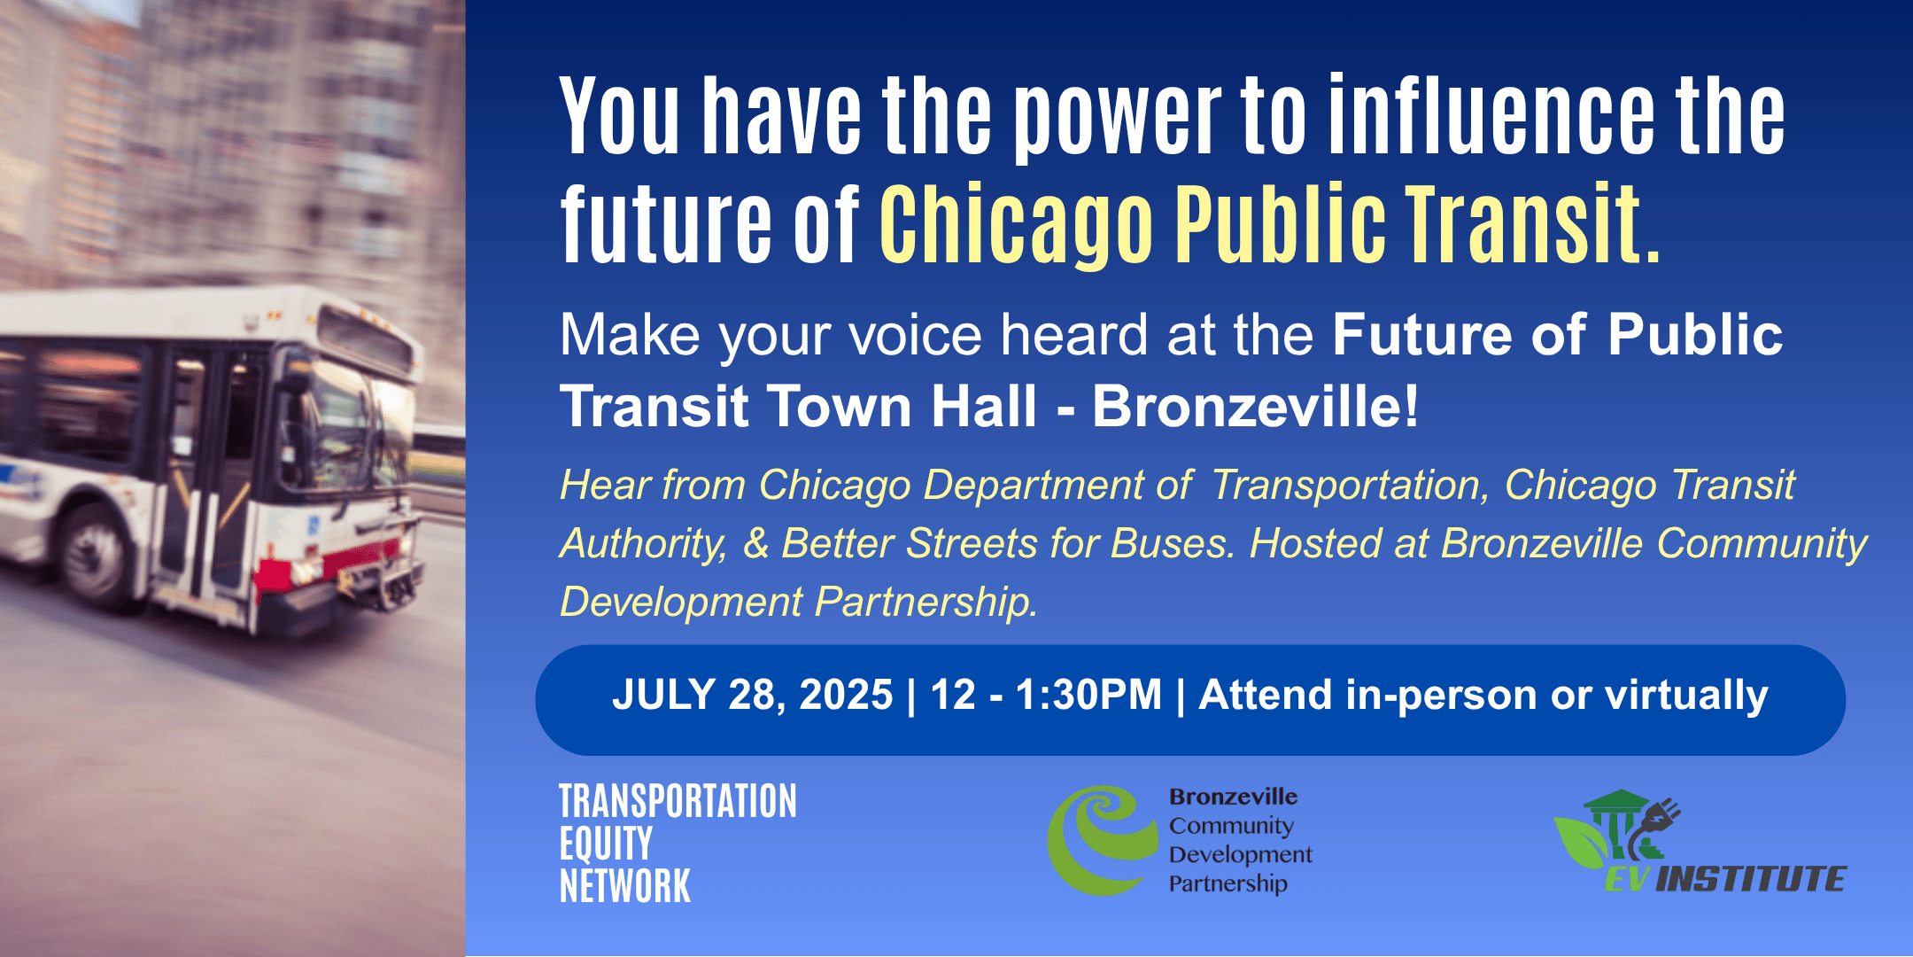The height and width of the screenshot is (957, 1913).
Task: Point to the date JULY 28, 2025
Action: tap(753, 695)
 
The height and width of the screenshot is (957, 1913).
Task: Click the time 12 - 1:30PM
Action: tap(1046, 695)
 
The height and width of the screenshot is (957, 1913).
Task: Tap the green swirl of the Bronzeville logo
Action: tap(1102, 840)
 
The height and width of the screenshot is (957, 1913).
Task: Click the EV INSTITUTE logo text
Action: tap(1725, 879)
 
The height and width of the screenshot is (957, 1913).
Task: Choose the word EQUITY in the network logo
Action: tap(606, 843)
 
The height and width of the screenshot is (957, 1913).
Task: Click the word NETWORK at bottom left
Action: tap(625, 886)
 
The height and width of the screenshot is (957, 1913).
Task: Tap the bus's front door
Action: tap(204, 470)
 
